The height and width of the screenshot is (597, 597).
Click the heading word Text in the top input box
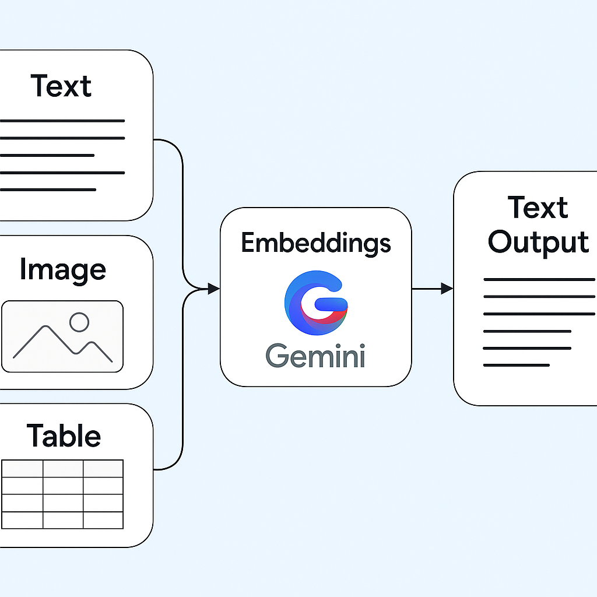61,86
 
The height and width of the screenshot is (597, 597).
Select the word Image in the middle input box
62,270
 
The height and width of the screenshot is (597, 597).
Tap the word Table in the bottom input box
64,436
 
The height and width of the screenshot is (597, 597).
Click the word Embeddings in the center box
315,243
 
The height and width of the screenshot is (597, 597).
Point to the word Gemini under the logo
315,355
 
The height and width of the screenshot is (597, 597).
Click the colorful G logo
315,301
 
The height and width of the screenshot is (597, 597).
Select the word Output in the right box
538,242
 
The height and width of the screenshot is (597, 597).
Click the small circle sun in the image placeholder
79,322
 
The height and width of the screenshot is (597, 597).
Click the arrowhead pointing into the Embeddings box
213,289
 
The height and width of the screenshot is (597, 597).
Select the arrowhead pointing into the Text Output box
447,288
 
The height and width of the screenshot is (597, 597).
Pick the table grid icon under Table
62,494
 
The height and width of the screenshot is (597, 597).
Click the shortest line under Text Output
517,366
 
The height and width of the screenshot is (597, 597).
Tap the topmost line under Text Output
539,280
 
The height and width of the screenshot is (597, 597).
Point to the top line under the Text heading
62,121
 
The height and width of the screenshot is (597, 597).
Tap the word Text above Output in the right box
538,208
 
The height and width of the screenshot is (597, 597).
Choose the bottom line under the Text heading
48,189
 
